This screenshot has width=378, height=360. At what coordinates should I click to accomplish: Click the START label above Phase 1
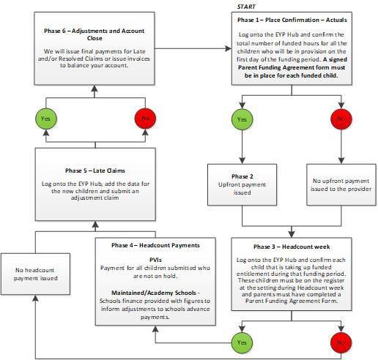point(246,7)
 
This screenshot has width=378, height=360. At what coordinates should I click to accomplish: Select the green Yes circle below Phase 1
point(242,119)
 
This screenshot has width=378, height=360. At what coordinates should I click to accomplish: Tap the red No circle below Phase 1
point(341,119)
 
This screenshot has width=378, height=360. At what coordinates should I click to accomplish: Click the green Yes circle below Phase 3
point(242,342)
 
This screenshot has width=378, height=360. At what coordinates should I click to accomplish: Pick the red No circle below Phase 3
point(341,342)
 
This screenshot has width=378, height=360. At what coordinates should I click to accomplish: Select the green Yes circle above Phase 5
point(46,119)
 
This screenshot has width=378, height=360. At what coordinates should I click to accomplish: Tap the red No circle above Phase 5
point(145,119)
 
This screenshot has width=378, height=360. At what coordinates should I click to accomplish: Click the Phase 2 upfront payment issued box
point(242,184)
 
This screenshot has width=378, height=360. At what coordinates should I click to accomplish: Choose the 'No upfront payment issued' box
point(341,184)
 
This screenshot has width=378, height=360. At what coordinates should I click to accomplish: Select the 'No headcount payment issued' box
point(36,274)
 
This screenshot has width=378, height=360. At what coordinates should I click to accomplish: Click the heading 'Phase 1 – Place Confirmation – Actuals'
point(292,20)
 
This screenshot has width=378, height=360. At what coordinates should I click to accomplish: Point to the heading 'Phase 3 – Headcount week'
point(292,247)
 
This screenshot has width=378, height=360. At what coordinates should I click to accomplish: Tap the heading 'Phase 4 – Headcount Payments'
point(155,245)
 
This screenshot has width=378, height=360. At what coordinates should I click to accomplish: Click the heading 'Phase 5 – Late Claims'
point(95,170)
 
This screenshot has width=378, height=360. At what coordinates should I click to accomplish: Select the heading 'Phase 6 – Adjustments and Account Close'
point(94,34)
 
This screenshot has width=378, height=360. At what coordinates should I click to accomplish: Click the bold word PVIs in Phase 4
point(155,260)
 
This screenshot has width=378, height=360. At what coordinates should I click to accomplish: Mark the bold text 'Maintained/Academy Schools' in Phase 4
point(154,293)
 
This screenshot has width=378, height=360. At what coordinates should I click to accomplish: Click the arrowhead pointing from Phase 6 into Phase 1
point(229,48)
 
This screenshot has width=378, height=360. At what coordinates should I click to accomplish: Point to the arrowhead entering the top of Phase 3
point(292,234)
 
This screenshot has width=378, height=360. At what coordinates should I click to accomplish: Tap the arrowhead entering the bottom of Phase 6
point(94,89)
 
